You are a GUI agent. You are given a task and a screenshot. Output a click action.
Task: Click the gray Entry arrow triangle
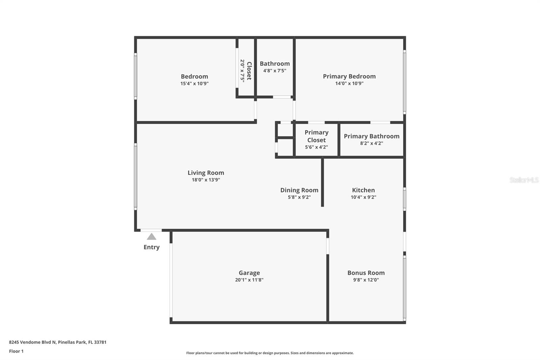click(x=152, y=237)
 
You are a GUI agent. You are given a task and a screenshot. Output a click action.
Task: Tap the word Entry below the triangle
click(x=152, y=247)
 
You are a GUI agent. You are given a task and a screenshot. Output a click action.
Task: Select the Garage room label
click(x=249, y=273)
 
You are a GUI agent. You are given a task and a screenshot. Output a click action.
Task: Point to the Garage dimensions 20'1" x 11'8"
click(x=249, y=280)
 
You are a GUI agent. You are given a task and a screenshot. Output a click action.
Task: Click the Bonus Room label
click(x=366, y=273)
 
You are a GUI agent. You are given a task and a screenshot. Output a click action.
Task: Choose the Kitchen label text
click(x=363, y=190)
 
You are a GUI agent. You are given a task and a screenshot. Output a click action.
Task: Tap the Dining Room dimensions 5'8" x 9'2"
click(x=299, y=197)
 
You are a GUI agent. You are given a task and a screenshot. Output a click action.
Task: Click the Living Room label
click(x=206, y=173)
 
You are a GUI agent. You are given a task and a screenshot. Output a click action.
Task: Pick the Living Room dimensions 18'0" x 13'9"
click(x=206, y=180)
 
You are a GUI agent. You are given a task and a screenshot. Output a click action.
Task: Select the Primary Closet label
click(x=316, y=136)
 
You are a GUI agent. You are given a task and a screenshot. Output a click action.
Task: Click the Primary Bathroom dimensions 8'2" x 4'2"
click(x=371, y=143)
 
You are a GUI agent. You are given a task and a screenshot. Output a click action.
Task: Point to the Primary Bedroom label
click(x=349, y=76)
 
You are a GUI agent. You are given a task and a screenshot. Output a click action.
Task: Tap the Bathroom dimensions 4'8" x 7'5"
click(x=274, y=71)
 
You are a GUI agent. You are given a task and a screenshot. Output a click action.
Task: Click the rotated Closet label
click(x=249, y=71)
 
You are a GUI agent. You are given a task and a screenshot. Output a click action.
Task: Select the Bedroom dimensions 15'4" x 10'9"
click(x=194, y=83)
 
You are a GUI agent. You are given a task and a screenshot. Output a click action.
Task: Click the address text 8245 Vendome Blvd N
click(x=32, y=342)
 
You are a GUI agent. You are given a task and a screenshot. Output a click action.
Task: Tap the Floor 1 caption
click(x=16, y=351)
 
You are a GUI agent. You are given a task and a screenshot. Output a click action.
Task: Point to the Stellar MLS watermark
click(x=524, y=180)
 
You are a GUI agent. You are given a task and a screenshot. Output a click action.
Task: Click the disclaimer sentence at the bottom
click(x=270, y=353)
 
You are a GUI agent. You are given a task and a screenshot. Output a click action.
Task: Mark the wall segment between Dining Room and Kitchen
click(x=322, y=182)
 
